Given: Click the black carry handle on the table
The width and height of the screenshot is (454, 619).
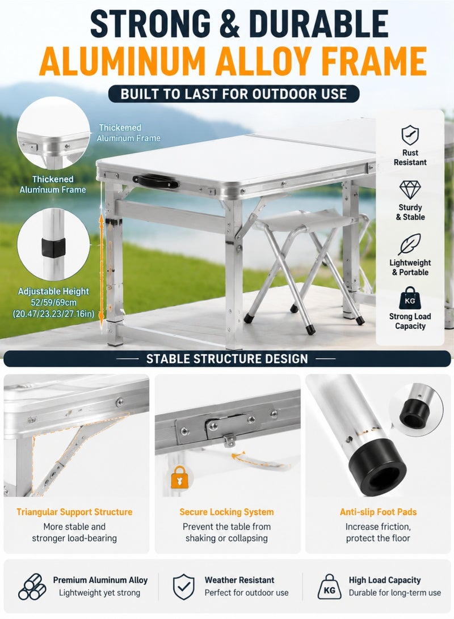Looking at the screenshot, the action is tap(155, 181).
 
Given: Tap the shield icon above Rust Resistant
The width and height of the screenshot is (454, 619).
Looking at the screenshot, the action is tap(410, 135).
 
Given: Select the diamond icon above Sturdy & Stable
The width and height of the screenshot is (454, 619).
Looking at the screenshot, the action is tap(410, 190).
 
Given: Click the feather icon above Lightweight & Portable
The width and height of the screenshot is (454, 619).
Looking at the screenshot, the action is tap(409, 244).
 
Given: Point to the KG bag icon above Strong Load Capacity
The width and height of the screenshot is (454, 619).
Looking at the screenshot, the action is tap(410, 298).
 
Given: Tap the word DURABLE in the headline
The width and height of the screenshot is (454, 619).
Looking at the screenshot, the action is tap(318, 24).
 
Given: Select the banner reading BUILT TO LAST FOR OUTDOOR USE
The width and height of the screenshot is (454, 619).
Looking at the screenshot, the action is tap(234, 94).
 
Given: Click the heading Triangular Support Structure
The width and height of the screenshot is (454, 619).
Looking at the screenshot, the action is tap(74, 512).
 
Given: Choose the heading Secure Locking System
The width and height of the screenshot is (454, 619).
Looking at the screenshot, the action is tap(227, 512).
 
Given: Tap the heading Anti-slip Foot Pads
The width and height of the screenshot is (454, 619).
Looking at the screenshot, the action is tap(378, 512).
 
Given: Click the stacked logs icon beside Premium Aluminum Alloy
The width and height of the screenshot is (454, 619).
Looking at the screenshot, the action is tap(32, 587).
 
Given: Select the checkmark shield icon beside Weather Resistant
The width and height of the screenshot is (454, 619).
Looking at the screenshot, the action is tap(184, 587).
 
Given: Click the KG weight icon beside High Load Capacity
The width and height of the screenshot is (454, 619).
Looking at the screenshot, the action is tap(329, 587).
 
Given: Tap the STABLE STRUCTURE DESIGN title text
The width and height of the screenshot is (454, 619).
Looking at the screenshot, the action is tap(227, 359).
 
